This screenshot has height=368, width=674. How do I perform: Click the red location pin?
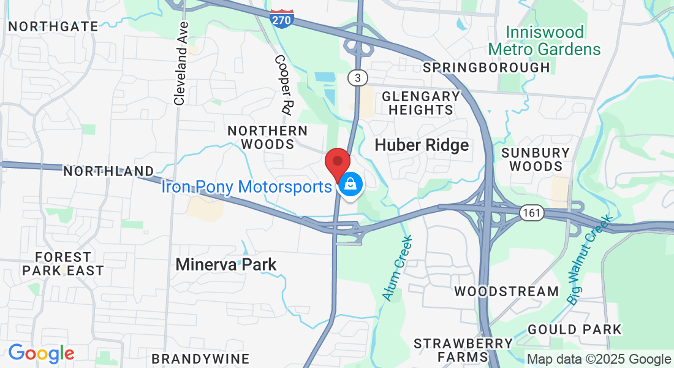tap(337, 163)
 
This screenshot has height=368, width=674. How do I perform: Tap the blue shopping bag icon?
tap(350, 183)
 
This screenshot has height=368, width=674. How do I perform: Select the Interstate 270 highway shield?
tap(281, 18)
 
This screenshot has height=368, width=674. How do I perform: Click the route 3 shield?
tap(357, 78)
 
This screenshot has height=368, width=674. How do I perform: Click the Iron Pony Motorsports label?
tap(246, 186)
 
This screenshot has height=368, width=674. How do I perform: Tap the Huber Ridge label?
tap(422, 145)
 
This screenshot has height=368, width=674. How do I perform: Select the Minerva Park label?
tap(225, 265)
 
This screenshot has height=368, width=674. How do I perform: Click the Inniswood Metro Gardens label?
tap(545, 40)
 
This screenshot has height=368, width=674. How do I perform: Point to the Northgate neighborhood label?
tap(53, 26)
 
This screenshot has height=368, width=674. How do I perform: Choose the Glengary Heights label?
tap(420, 103)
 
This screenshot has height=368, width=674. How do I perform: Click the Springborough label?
tap(487, 67)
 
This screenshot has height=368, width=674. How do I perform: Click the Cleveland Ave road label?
tap(181, 63)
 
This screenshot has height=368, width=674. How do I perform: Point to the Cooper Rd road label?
tap(282, 85)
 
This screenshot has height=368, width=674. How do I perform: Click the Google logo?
tap(41, 353)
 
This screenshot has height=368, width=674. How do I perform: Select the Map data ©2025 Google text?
tap(599, 359)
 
